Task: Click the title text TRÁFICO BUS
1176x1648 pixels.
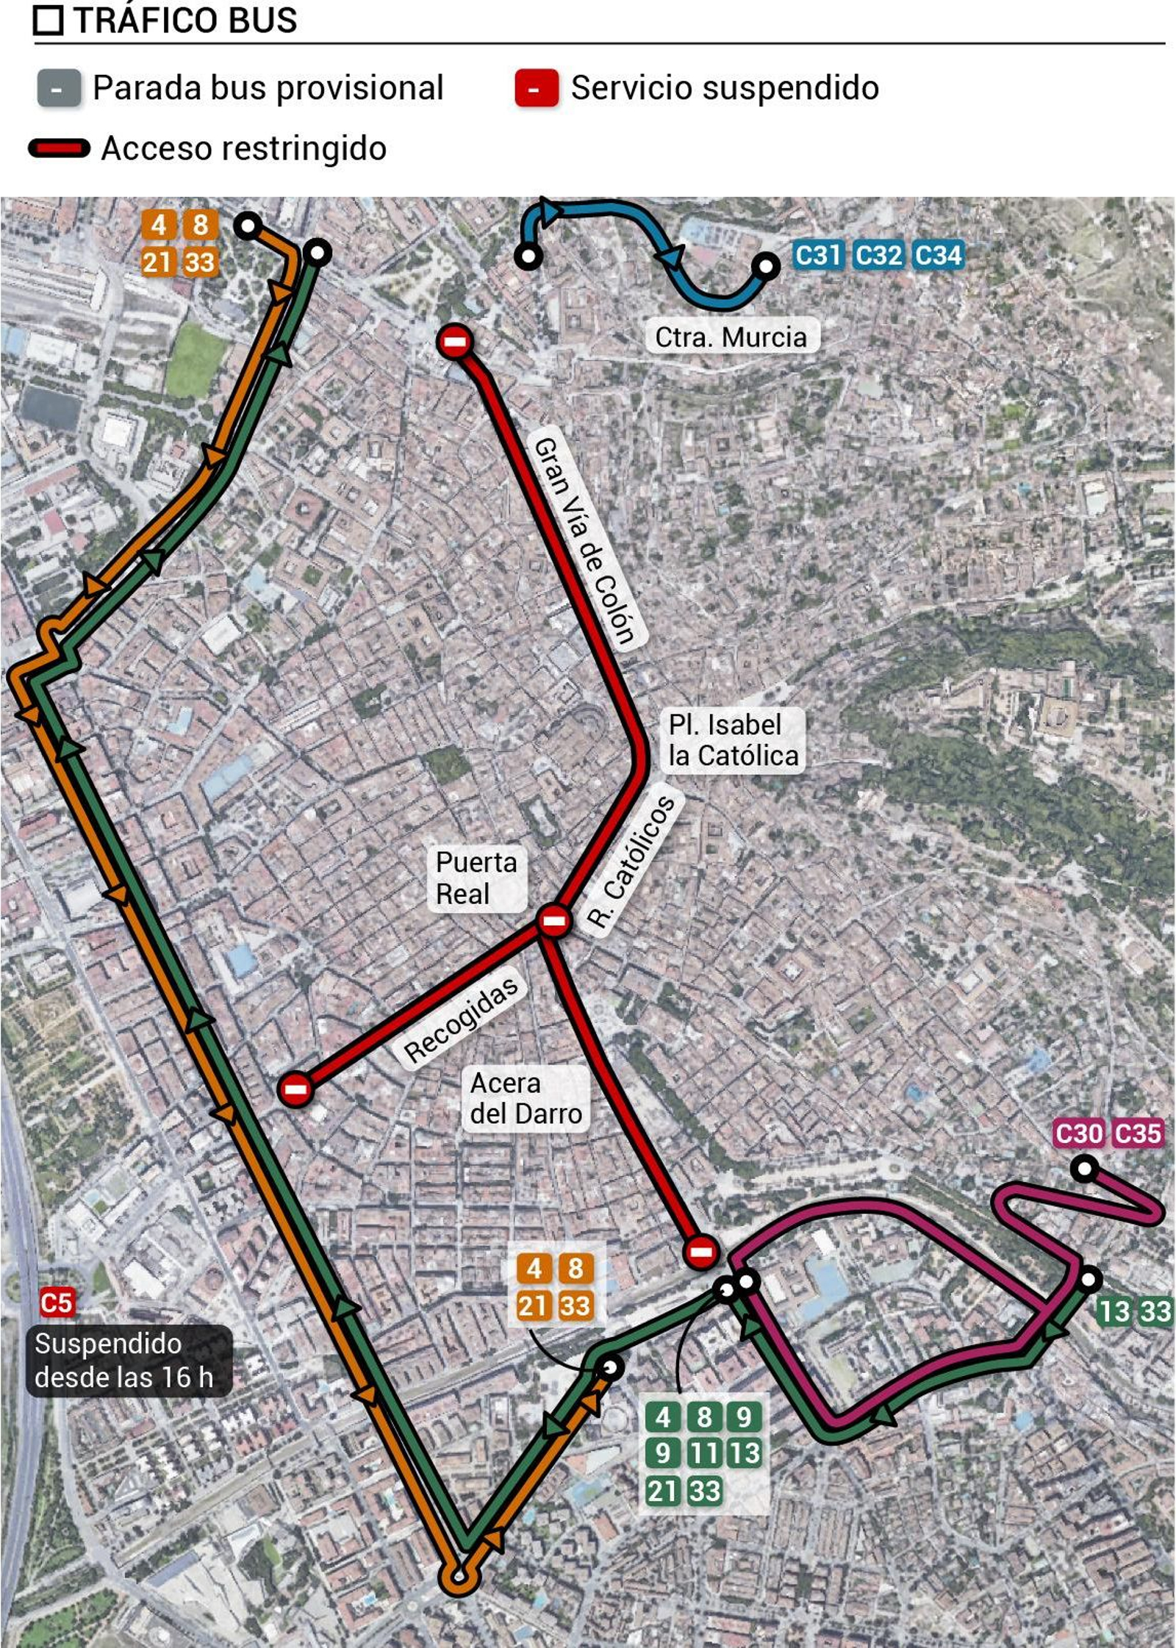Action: [184, 20]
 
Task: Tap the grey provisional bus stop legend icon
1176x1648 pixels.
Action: [59, 89]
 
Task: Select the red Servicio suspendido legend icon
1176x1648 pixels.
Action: [537, 89]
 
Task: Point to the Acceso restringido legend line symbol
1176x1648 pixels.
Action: [59, 148]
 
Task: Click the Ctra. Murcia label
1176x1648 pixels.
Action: [731, 337]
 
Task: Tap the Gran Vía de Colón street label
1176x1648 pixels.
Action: [585, 542]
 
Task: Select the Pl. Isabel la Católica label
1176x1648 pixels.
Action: [733, 740]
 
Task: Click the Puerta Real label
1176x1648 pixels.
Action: [476, 878]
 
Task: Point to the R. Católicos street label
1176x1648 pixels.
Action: [631, 862]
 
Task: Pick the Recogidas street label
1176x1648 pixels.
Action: [462, 1021]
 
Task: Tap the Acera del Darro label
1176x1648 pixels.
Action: [526, 1098]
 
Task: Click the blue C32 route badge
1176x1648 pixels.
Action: [878, 255]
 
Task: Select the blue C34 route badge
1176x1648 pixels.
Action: [938, 255]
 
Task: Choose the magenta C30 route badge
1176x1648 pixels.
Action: [1078, 1133]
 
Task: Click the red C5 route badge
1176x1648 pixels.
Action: [57, 1303]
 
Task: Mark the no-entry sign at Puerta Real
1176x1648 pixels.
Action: [553, 920]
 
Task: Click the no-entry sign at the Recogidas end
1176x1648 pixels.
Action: [295, 1089]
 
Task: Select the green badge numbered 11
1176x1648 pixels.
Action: [703, 1452]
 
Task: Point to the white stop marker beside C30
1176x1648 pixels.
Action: [1084, 1169]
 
